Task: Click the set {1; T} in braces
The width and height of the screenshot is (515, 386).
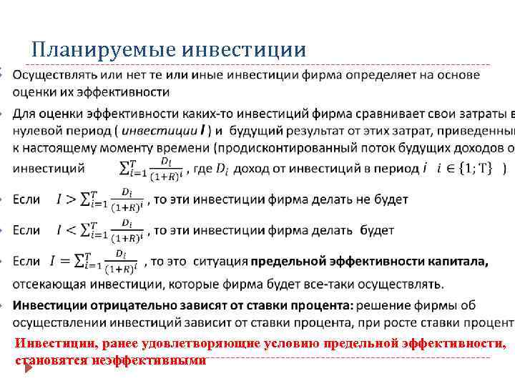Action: coord(475,168)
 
